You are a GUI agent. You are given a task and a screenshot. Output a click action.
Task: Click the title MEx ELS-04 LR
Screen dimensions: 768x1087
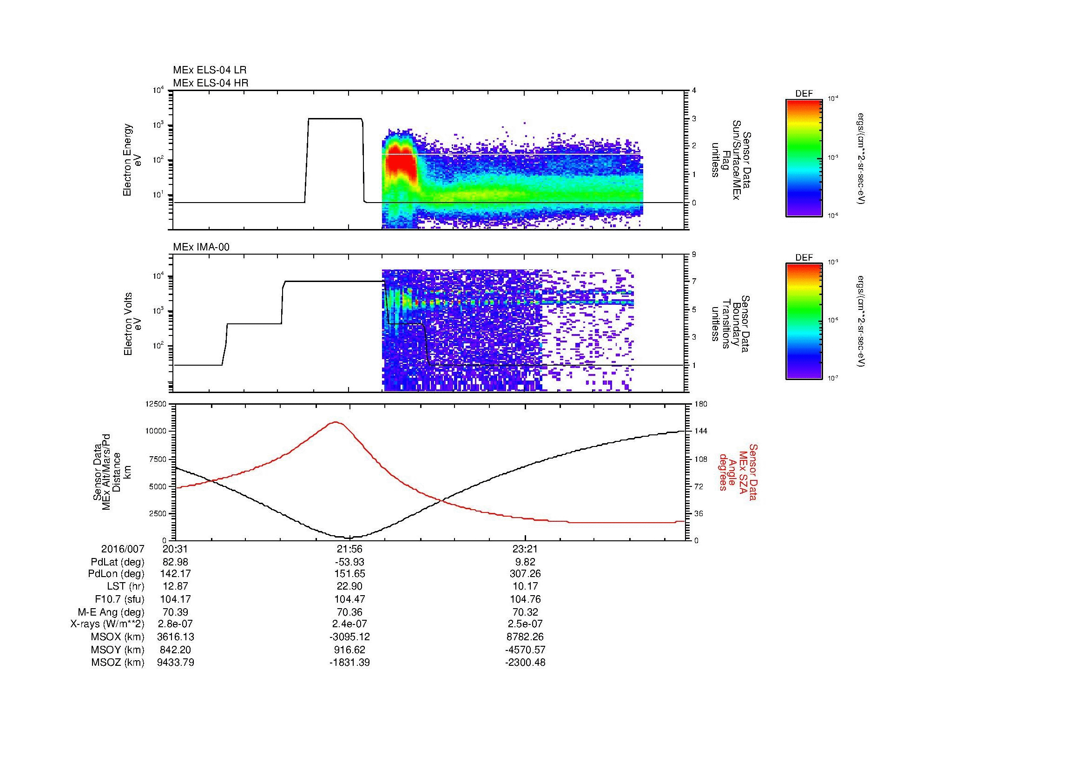tap(209, 70)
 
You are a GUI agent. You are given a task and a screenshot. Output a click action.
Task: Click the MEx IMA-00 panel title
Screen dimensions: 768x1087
tap(201, 247)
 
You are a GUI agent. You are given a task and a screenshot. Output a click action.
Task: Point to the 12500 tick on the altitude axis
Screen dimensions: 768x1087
tap(156, 404)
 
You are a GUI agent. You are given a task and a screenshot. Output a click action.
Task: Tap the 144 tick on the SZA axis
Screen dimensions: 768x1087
tap(701, 431)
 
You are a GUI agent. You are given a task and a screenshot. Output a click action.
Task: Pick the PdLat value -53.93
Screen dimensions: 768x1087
tap(349, 562)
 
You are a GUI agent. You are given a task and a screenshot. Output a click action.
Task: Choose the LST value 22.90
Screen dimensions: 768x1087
tap(349, 586)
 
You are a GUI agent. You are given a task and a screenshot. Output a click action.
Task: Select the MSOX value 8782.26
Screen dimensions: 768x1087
tap(525, 637)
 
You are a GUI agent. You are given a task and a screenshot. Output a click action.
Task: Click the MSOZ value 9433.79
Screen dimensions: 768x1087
tap(175, 663)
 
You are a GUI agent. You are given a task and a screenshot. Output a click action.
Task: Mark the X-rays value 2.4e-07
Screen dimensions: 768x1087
tap(349, 624)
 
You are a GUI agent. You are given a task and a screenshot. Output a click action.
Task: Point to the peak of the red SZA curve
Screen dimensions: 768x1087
tap(336, 421)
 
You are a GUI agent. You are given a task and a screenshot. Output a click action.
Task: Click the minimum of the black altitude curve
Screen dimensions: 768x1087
tap(349, 538)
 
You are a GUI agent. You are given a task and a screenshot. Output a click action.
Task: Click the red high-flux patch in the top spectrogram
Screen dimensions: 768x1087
tap(401, 164)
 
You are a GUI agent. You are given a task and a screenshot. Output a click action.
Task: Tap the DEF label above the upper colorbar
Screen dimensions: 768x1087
tap(804, 94)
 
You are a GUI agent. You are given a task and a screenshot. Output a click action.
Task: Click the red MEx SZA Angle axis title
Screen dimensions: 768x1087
tap(738, 472)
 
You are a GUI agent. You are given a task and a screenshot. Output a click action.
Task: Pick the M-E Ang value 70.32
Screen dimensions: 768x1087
tap(525, 612)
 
